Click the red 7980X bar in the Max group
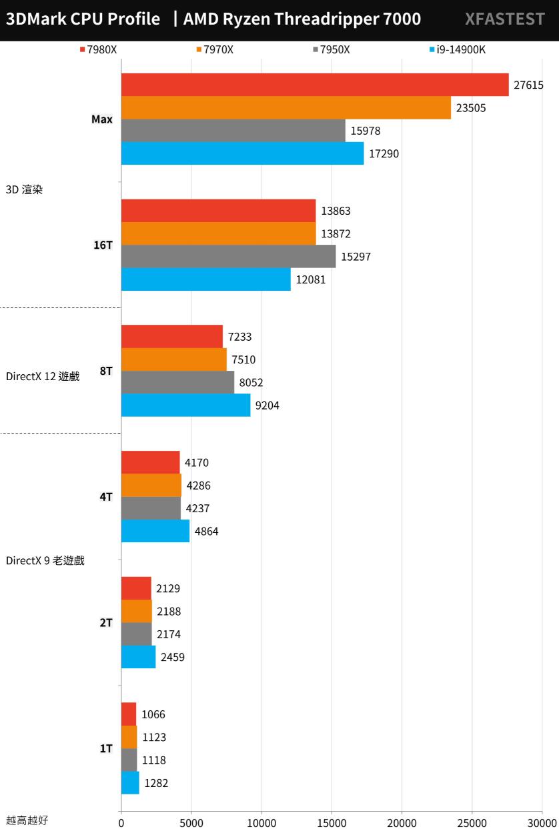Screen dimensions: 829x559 314,85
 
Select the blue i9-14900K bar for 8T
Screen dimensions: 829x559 185,405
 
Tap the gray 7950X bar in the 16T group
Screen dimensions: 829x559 228,256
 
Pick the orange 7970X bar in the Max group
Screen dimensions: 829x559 286,107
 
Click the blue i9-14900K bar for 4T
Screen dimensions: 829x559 155,531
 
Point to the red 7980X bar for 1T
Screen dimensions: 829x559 128,714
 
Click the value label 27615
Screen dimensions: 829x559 528,85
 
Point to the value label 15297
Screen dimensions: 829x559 355,257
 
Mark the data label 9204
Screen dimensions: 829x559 267,405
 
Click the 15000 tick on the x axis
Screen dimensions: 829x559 332,822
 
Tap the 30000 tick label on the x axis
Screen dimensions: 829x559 542,822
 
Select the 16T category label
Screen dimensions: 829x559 103,245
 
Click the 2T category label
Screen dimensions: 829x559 105,622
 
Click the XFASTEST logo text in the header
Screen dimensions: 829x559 504,19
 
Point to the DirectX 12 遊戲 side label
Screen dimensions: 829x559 43,376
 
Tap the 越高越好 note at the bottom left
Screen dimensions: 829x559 27,820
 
